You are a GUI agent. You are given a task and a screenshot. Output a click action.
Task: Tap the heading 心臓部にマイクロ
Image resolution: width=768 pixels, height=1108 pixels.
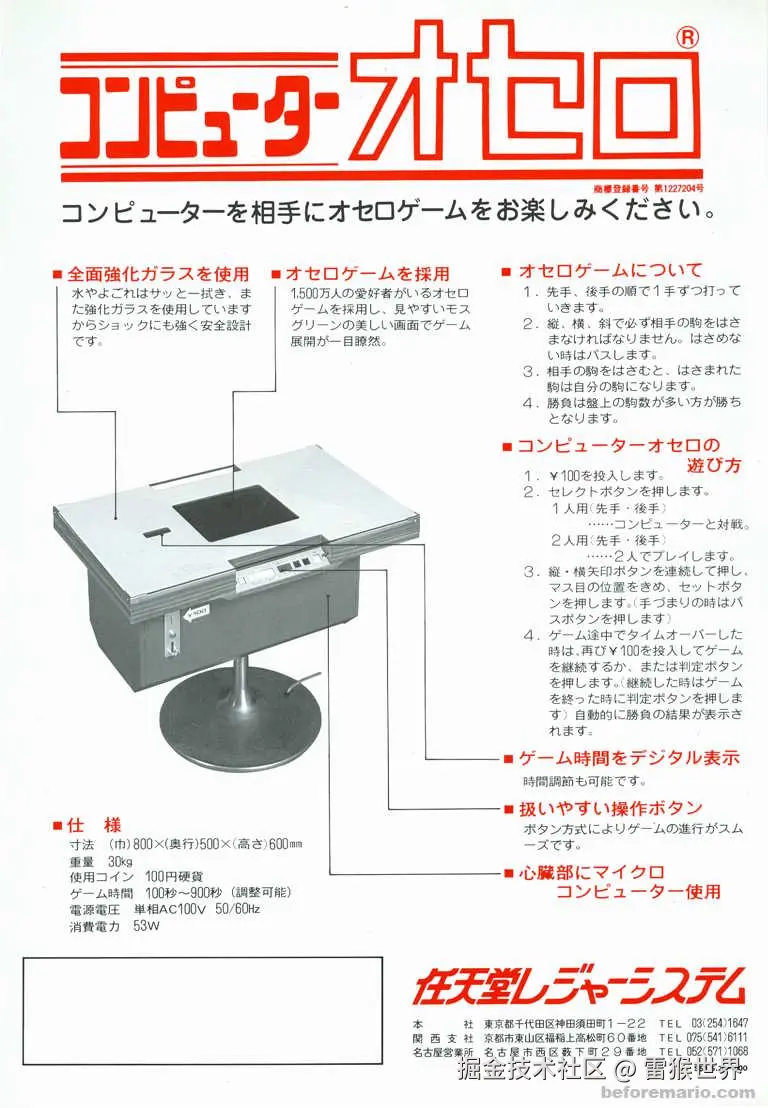coord(593,872)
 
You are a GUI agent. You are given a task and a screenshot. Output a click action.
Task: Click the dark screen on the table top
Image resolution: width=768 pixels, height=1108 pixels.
coord(236,510)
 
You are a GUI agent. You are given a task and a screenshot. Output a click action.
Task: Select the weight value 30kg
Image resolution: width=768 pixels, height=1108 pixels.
coord(121,861)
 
